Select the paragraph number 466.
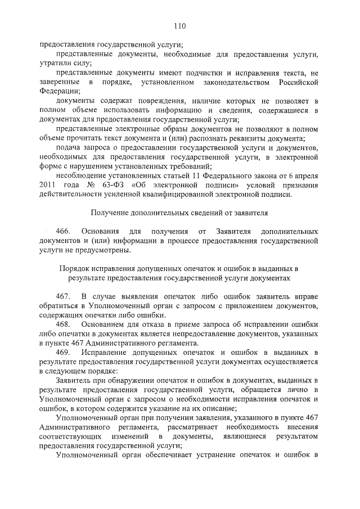(63, 232)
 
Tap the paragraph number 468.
(63, 325)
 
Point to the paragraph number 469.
(63, 352)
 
